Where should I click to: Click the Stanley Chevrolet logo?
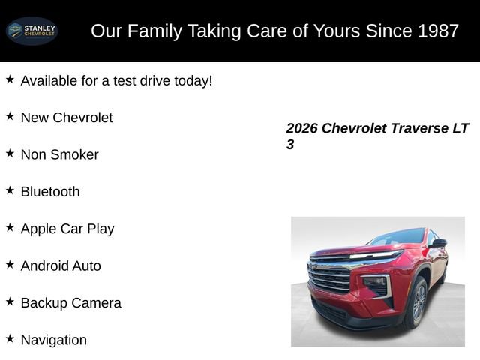[x=32, y=31]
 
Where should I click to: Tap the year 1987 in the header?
[x=434, y=31]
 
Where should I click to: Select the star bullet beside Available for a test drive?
[x=10, y=79]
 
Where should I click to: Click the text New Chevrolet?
[x=67, y=118]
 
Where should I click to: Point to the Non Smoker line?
[x=59, y=154]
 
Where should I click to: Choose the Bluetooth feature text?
[x=50, y=192]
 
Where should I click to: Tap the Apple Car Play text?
[x=67, y=229]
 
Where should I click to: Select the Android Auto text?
[x=61, y=265]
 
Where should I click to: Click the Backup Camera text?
[x=70, y=303]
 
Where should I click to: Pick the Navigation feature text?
[x=54, y=340]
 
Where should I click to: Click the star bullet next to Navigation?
[x=10, y=338]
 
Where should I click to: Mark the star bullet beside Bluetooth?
[x=10, y=190]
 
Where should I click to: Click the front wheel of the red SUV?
[x=417, y=303]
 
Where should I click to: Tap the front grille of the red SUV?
[x=330, y=278]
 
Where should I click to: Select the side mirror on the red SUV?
[x=438, y=243]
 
